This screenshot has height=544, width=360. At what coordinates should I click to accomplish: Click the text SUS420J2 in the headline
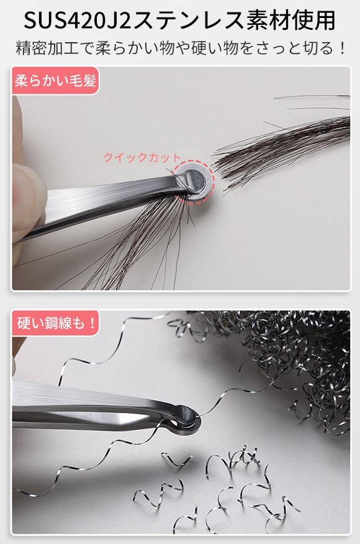(78, 20)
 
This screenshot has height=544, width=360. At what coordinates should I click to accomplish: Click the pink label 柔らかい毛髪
(55, 81)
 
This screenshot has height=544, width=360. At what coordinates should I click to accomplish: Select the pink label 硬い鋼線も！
(55, 323)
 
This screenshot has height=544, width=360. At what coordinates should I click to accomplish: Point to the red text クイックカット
(142, 158)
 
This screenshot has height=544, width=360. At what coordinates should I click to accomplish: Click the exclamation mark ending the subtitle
(342, 48)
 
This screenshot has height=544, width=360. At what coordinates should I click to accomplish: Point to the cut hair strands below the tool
(139, 243)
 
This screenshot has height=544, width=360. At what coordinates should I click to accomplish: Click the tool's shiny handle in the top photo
(104, 205)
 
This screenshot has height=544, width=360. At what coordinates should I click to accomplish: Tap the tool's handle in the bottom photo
(94, 408)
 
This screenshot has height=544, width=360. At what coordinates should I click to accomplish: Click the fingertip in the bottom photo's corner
(17, 350)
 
